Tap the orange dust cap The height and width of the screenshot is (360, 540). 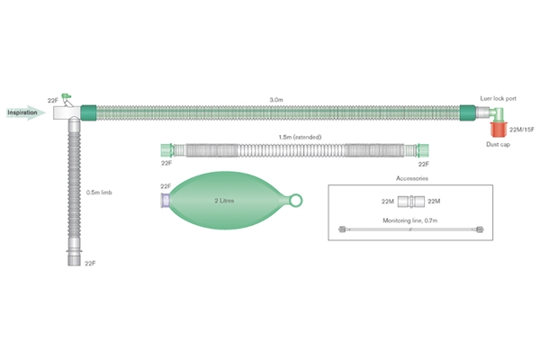497,130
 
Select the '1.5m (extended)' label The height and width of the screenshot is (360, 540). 298,137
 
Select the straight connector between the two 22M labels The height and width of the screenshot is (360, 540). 410,201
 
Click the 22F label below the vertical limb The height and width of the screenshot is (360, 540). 90,264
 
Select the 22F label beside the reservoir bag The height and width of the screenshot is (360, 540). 166,185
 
